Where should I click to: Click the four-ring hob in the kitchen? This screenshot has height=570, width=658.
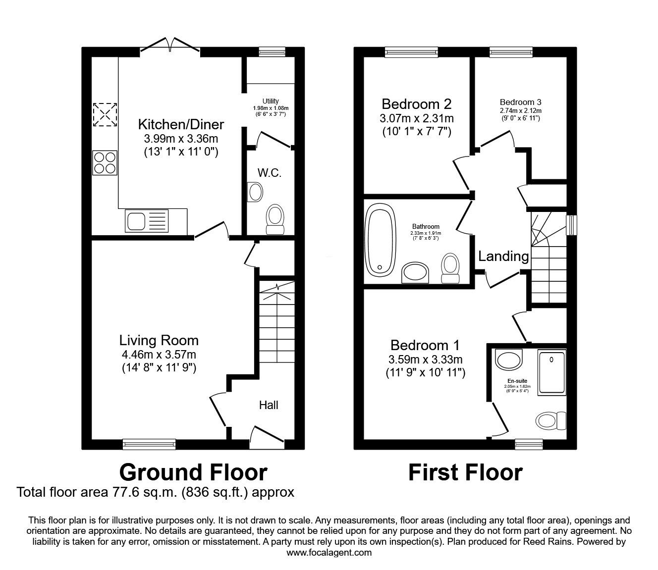click(105, 162)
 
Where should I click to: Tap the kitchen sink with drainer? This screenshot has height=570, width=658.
click(147, 221)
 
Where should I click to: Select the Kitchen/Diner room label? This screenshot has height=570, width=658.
click(181, 124)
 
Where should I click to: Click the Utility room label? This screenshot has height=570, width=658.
click(271, 102)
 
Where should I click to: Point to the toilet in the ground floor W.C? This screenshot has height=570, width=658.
click(275, 219)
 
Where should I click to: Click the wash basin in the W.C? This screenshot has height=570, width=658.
click(255, 192)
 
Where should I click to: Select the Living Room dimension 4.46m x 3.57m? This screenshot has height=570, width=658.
click(159, 355)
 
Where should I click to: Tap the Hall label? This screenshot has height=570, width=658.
click(269, 405)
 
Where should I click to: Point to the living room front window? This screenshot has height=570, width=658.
click(149, 444)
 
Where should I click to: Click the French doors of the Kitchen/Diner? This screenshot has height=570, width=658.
click(170, 46)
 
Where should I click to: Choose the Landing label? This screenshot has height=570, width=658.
click(503, 256)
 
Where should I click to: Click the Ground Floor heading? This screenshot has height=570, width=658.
click(193, 472)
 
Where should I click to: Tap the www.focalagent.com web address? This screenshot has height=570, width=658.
click(329, 553)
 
